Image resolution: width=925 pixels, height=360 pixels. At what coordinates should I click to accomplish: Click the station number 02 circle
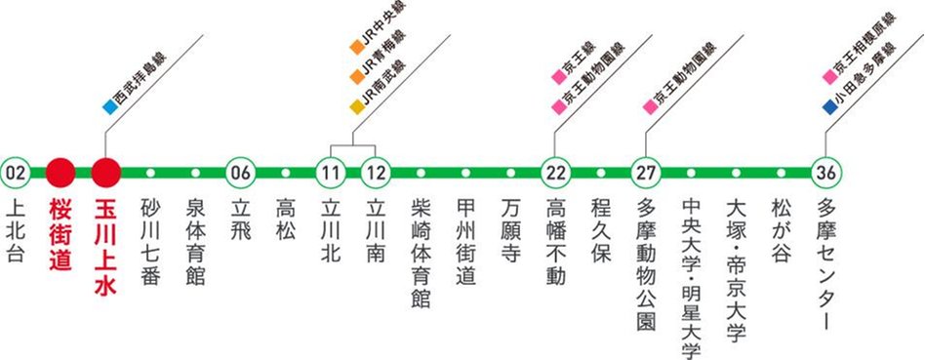tap(16, 173)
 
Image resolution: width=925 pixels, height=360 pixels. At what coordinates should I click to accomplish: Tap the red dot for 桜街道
tap(60, 173)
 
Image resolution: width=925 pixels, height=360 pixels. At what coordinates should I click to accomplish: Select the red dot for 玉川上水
tap(105, 173)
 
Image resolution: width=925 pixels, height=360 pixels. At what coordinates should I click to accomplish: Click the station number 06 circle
tap(240, 173)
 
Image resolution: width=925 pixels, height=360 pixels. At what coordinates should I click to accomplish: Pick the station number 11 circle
tap(331, 173)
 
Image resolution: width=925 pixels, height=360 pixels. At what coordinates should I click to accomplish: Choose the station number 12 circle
tap(376, 173)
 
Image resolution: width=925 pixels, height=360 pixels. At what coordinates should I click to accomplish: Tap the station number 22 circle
tap(555, 173)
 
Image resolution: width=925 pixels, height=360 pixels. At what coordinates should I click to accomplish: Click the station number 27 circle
tap(645, 173)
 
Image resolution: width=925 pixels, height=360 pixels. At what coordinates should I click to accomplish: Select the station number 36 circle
tap(824, 173)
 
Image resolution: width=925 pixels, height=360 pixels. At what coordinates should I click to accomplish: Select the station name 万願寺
tap(510, 227)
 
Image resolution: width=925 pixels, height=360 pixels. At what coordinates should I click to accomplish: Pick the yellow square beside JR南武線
tap(357, 100)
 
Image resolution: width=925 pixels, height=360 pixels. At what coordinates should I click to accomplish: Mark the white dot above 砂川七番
tap(150, 173)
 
